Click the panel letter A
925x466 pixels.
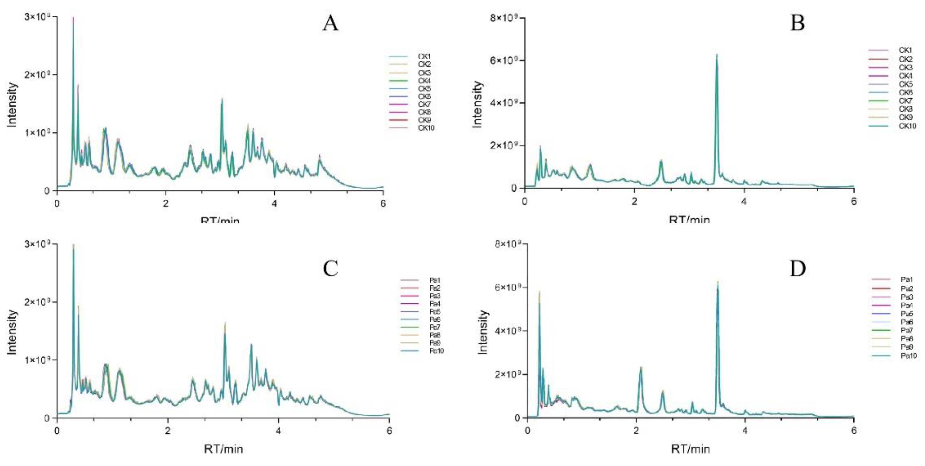click(x=330, y=24)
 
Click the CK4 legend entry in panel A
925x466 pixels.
click(x=424, y=81)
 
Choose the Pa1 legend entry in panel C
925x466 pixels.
click(x=435, y=280)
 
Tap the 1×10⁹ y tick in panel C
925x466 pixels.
click(x=37, y=360)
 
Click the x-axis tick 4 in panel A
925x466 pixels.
click(x=274, y=202)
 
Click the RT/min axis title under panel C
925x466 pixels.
click(x=223, y=449)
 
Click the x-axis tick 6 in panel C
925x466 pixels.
click(x=389, y=430)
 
